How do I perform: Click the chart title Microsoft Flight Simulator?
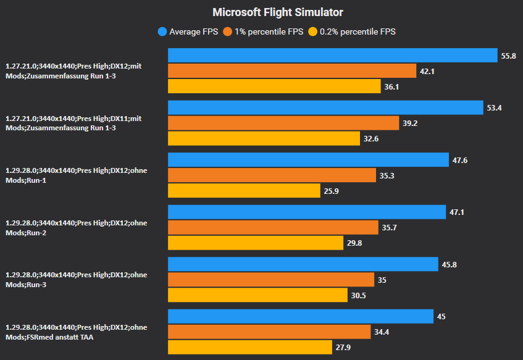click(278, 12)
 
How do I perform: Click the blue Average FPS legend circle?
click(162, 31)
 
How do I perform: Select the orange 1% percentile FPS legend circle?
click(228, 31)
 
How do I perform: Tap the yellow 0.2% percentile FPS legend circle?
click(313, 31)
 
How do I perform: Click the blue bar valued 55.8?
click(332, 56)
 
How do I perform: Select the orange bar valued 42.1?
click(291, 71)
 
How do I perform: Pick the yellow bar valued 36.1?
click(274, 86)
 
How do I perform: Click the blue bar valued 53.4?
click(325, 107)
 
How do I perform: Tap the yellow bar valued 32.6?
click(264, 138)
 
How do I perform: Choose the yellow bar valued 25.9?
click(244, 191)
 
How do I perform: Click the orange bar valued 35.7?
click(272, 227)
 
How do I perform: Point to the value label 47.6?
click(459, 160)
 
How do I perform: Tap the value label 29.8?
click(354, 243)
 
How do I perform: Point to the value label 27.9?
click(343, 348)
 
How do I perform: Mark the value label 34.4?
click(381, 332)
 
